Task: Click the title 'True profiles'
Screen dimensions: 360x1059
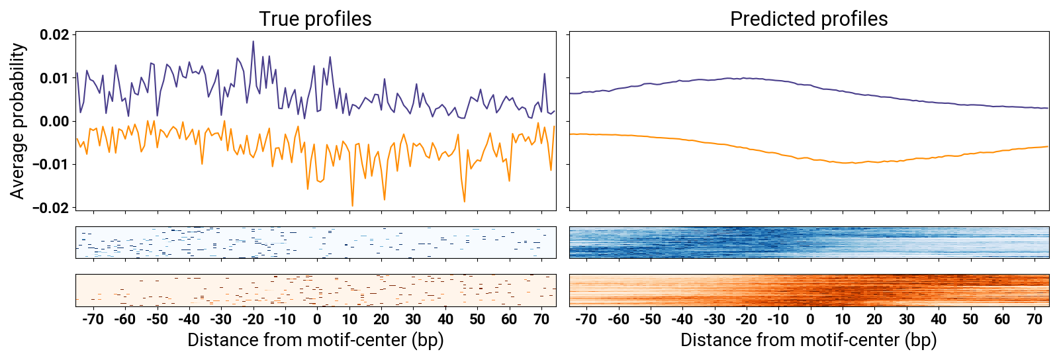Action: coord(315,19)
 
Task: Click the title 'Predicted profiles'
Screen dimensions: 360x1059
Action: coord(808,19)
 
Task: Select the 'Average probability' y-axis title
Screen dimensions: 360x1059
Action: coord(17,121)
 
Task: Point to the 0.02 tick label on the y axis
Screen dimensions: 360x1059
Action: coord(54,35)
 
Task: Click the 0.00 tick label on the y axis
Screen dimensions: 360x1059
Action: coord(54,121)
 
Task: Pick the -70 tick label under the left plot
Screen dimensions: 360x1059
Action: coord(93,319)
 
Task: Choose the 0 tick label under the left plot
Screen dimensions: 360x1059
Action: coord(317,319)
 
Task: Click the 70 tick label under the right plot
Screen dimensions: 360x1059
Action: coord(1035,319)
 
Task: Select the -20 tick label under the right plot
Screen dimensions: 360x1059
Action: coord(746,319)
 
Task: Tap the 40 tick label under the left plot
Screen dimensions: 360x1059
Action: coord(445,319)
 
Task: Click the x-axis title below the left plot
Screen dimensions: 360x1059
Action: coord(315,340)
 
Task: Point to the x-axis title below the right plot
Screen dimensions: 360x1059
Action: coord(808,340)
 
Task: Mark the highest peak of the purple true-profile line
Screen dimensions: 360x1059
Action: coord(253,42)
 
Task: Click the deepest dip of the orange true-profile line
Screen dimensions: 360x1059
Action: coord(352,205)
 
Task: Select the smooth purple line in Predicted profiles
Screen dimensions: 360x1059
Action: coord(728,79)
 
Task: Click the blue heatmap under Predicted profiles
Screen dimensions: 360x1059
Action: coord(809,242)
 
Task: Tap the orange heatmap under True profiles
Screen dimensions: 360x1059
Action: coord(316,290)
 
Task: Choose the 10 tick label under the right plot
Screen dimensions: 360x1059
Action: coord(842,319)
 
